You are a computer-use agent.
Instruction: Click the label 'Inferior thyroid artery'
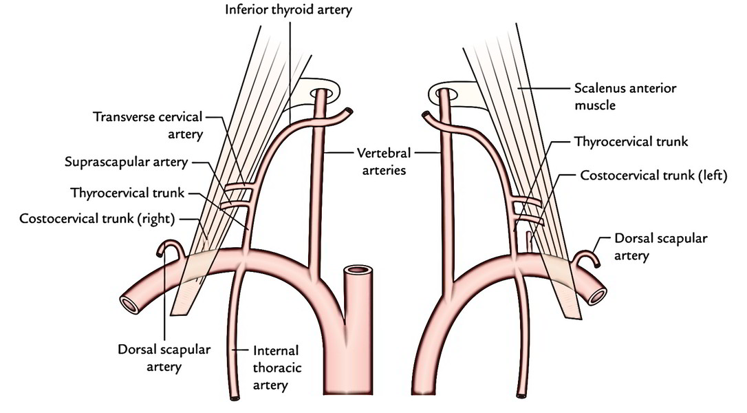coord(289,10)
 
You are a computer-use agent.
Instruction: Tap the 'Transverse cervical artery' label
coord(148,125)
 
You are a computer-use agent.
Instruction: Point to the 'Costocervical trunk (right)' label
coord(97,218)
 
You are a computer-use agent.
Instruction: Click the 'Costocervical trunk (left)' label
coord(653,176)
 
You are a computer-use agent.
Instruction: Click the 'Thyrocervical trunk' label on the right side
coord(631,142)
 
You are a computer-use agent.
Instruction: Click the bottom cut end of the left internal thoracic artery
coord(235,397)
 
